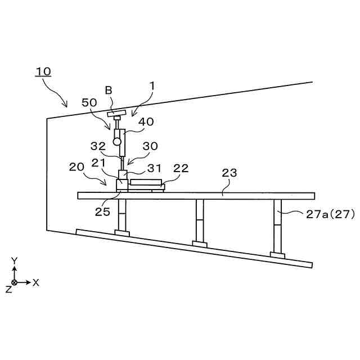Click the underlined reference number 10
[x=43, y=71]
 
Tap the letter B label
[x=109, y=89]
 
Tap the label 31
[x=155, y=168]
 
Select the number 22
[x=181, y=168]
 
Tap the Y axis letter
[x=15, y=261]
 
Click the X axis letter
[x=36, y=282]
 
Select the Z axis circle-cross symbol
[x=15, y=282]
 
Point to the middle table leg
[x=200, y=220]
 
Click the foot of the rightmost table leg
[x=277, y=255]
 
